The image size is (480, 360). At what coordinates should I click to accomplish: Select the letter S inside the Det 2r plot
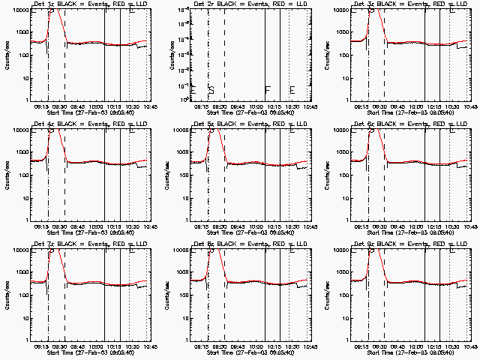point(211,90)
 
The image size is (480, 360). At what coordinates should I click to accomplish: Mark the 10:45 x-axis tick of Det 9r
point(469,347)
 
